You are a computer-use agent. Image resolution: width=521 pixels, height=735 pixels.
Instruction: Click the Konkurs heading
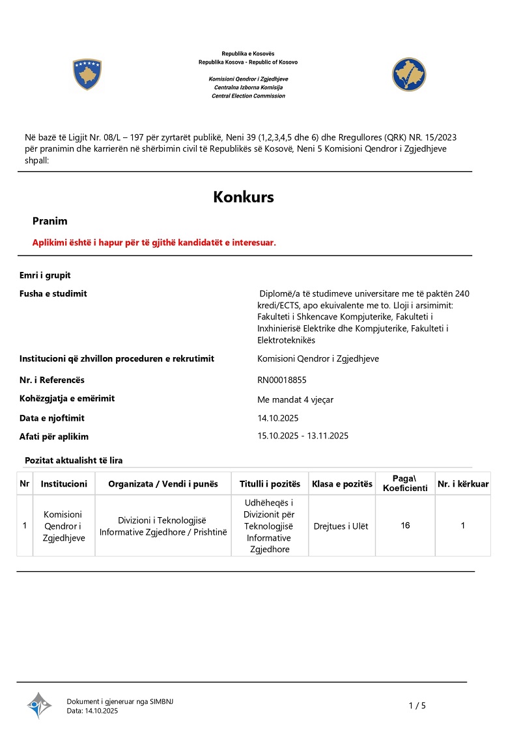pyautogui.click(x=243, y=197)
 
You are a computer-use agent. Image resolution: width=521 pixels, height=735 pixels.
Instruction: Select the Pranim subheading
pyautogui.click(x=50, y=221)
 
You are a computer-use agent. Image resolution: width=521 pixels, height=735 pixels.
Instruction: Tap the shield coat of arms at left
pyautogui.click(x=87, y=74)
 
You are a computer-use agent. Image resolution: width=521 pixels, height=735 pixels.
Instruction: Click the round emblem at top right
pyautogui.click(x=408, y=74)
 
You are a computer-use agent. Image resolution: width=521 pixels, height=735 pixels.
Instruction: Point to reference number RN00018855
pyautogui.click(x=290, y=380)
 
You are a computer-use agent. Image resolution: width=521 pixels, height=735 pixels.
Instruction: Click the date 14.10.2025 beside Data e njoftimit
pyautogui.click(x=278, y=418)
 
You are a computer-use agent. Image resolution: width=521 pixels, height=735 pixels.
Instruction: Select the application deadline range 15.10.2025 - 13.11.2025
pyautogui.click(x=303, y=436)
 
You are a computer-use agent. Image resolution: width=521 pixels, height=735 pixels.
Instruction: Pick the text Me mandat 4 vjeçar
pyautogui.click(x=296, y=399)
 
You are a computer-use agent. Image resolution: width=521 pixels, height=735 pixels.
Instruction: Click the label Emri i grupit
pyautogui.click(x=45, y=275)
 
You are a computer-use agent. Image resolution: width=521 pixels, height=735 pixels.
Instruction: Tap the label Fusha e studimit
pyautogui.click(x=53, y=293)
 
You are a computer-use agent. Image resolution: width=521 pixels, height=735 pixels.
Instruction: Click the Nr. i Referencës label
pyautogui.click(x=52, y=380)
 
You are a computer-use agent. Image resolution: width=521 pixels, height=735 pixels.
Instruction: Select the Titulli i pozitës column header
pyautogui.click(x=270, y=484)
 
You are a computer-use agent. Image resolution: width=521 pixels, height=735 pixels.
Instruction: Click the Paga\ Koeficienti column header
pyautogui.click(x=405, y=483)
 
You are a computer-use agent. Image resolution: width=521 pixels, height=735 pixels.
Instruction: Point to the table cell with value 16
pyautogui.click(x=405, y=526)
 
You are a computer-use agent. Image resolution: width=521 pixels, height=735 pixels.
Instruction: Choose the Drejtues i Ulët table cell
pyautogui.click(x=341, y=526)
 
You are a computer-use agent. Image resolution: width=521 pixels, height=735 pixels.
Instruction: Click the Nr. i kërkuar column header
pyautogui.click(x=463, y=484)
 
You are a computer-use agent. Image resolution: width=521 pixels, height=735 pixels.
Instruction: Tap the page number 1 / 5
pyautogui.click(x=417, y=706)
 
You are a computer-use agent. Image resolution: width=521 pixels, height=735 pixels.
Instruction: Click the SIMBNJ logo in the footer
pyautogui.click(x=39, y=705)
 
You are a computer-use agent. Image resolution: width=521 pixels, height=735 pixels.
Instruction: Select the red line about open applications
pyautogui.click(x=154, y=243)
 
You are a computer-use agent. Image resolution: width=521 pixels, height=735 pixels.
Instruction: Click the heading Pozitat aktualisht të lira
pyautogui.click(x=74, y=461)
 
